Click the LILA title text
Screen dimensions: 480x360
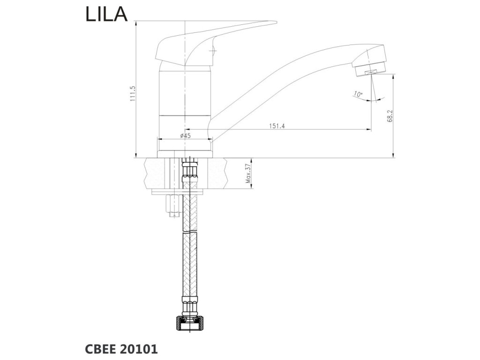pyautogui.click(x=106, y=15)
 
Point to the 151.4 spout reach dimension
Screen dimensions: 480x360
pyautogui.click(x=277, y=125)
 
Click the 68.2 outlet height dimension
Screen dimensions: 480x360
pyautogui.click(x=390, y=116)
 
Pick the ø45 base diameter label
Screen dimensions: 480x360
pyautogui.click(x=185, y=135)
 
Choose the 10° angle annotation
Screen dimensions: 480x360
pyautogui.click(x=359, y=94)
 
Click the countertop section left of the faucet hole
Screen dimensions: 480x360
pyautogui.click(x=157, y=173)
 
